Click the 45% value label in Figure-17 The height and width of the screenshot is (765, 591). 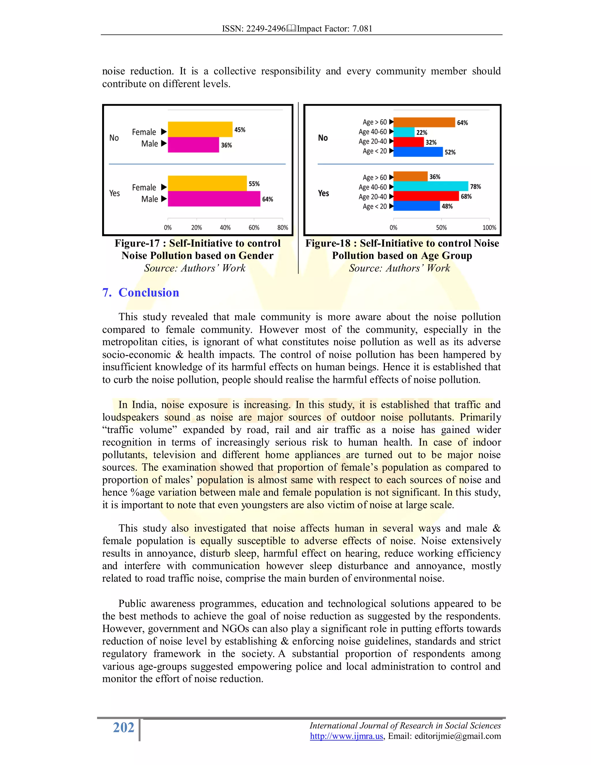(240, 130)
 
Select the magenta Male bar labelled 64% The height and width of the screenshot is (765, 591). (214, 199)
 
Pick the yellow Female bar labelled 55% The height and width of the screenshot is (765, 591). (207, 183)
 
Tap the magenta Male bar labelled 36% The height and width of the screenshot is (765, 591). (193, 145)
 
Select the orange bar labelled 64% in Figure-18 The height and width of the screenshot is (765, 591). (424, 122)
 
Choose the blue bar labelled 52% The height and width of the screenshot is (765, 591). (418, 152)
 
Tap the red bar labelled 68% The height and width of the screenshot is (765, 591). (426, 196)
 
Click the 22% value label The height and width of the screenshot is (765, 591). (422, 133)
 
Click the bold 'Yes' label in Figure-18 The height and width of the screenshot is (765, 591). (323, 193)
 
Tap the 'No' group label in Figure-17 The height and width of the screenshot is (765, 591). (114, 138)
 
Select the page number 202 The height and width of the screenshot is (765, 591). (124, 727)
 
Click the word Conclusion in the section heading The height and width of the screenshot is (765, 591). (149, 292)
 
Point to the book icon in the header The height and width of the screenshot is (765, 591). (291, 28)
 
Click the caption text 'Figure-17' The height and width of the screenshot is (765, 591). (137, 243)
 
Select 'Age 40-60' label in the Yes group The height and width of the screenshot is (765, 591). (373, 187)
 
